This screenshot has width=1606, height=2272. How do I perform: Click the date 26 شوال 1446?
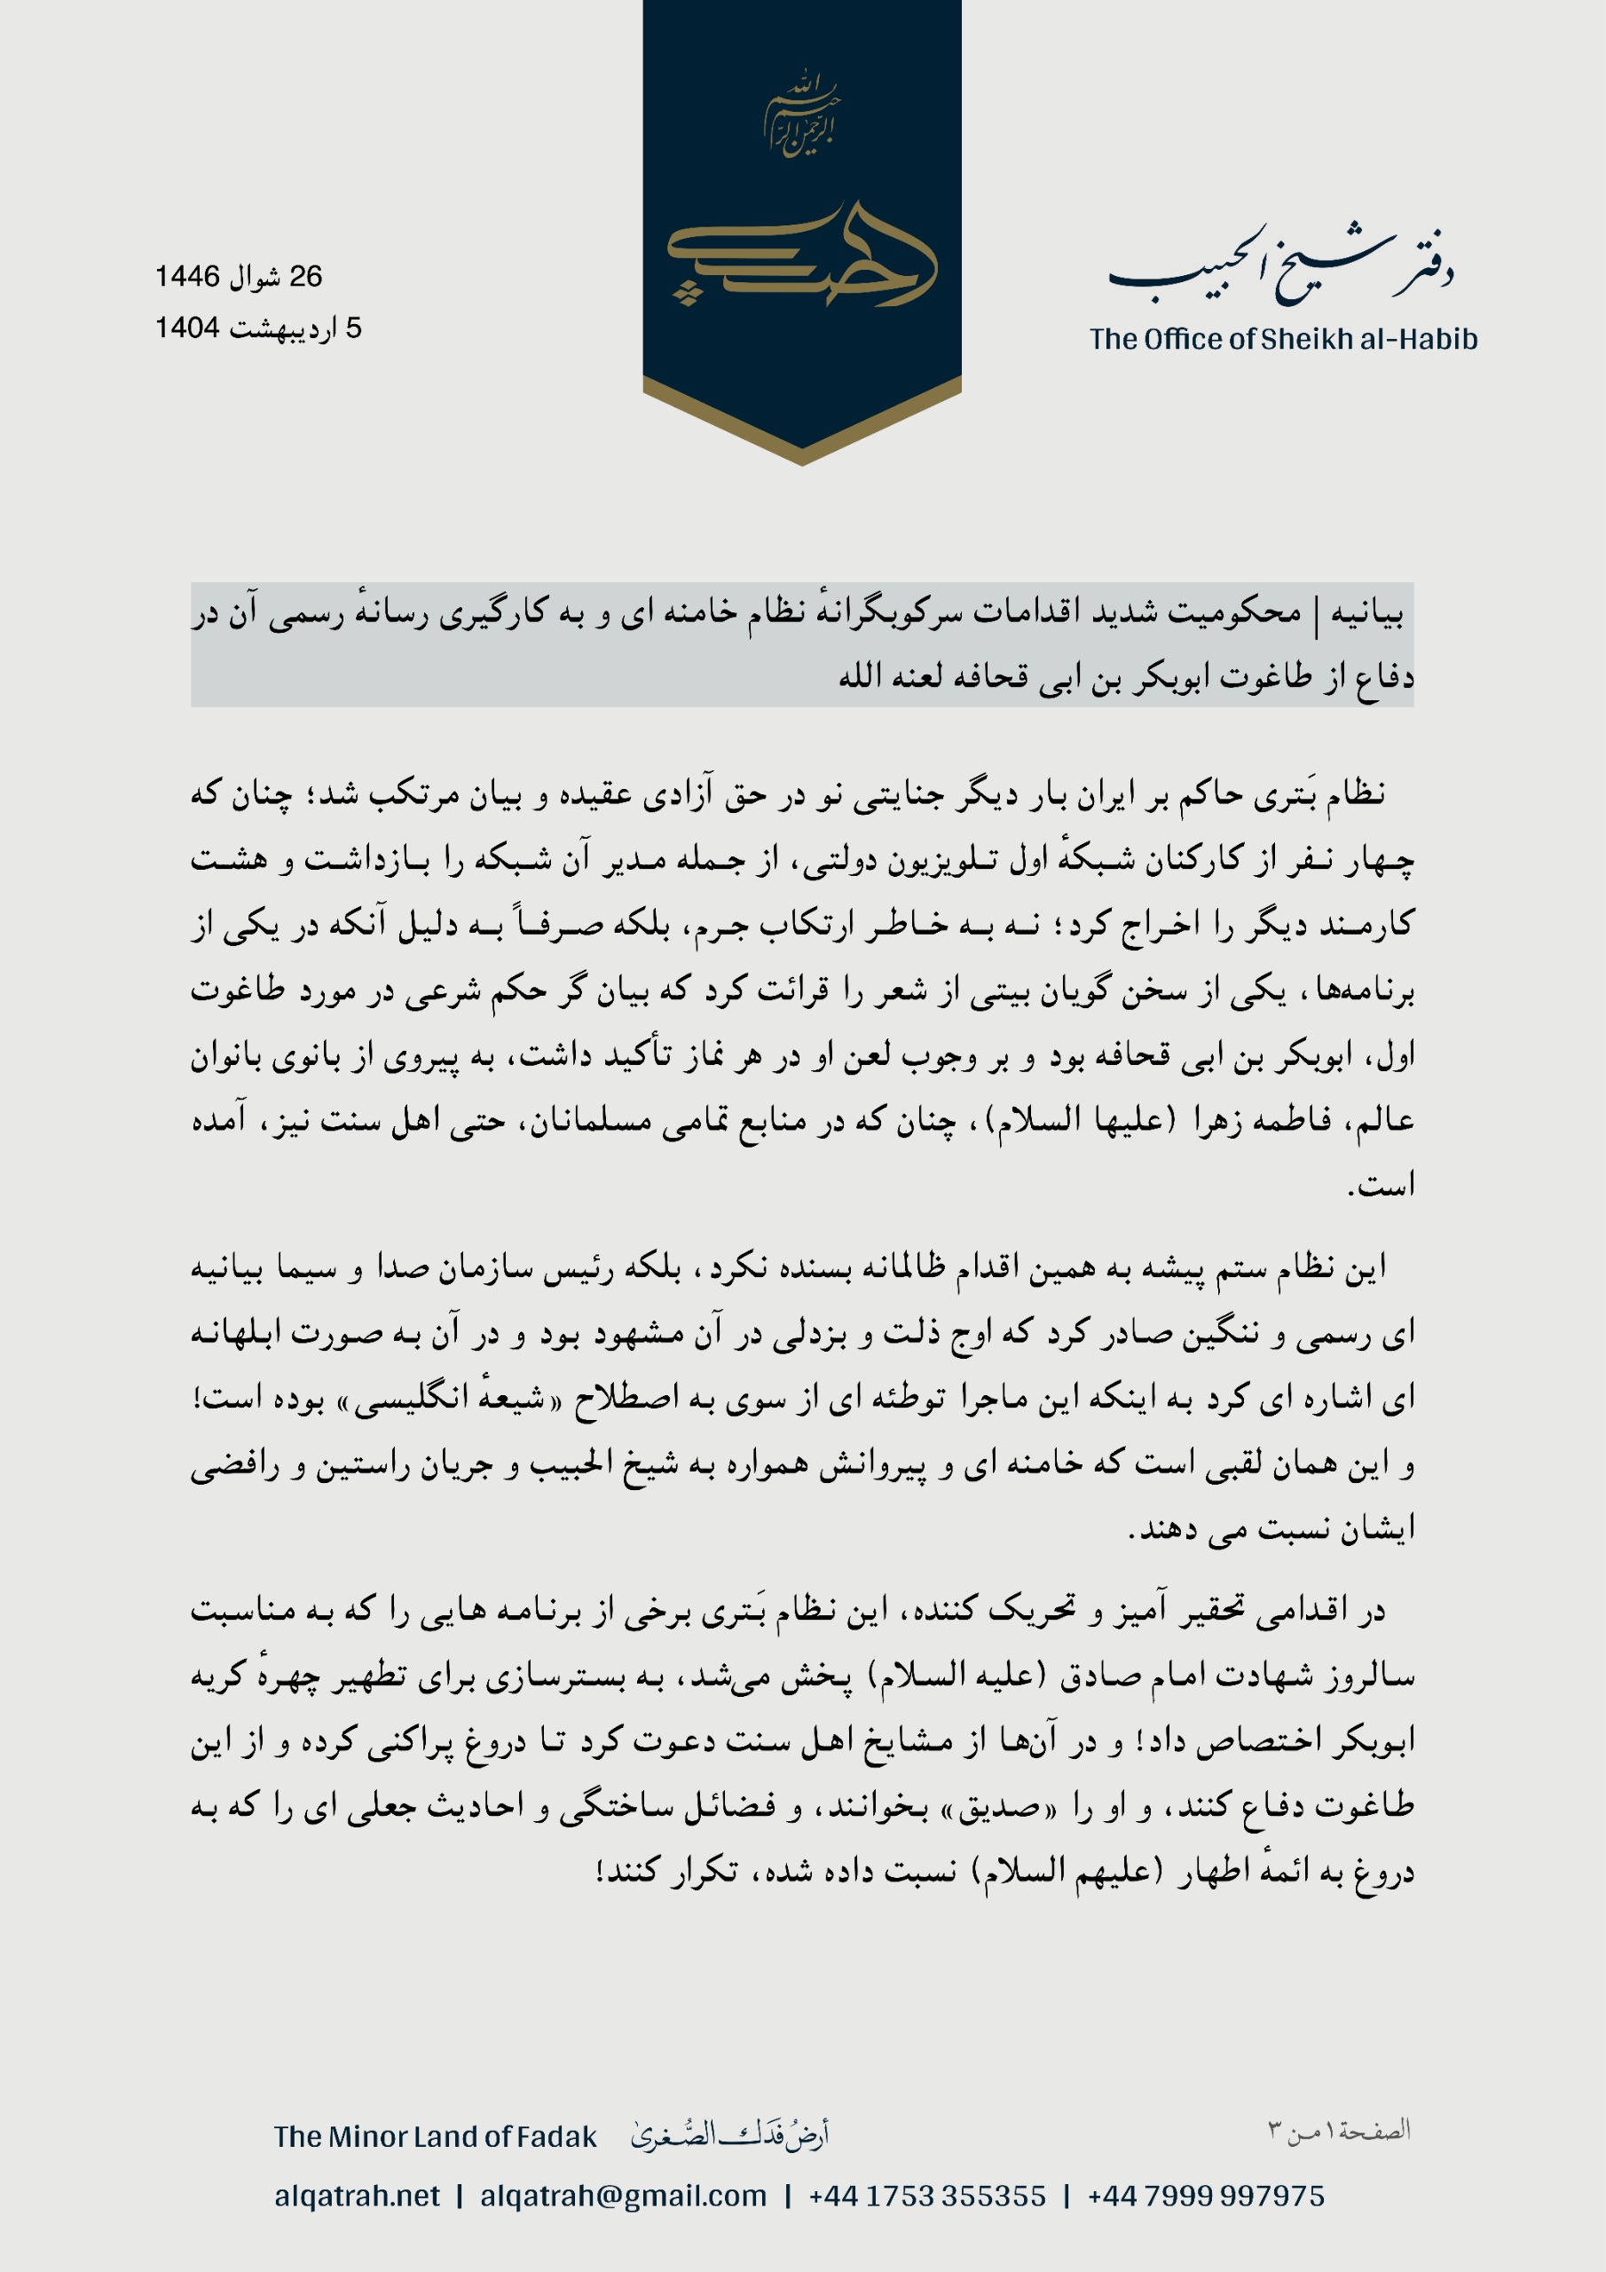239,276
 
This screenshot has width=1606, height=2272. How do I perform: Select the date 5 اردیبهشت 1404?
258,327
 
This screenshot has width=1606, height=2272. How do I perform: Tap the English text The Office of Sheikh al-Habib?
1283,339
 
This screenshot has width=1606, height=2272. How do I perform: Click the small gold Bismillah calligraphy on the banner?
801,114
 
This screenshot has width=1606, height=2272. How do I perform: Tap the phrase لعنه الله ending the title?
882,677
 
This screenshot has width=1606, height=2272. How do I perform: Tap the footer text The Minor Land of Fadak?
436,2137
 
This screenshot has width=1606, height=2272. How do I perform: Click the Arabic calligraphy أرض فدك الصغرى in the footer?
729,2135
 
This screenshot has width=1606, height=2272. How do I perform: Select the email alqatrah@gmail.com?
624,2196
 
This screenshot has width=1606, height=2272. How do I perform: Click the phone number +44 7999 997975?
1205,2196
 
